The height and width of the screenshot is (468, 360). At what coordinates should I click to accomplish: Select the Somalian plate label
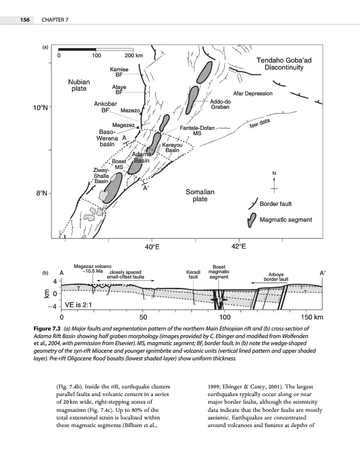[x=200, y=195]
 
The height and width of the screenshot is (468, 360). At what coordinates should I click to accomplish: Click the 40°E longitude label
[x=152, y=246]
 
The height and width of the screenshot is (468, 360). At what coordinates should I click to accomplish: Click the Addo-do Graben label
[x=220, y=104]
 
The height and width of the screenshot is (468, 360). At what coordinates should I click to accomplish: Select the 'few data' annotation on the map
[x=259, y=123]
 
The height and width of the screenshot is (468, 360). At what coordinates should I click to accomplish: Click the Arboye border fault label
[x=278, y=277]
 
